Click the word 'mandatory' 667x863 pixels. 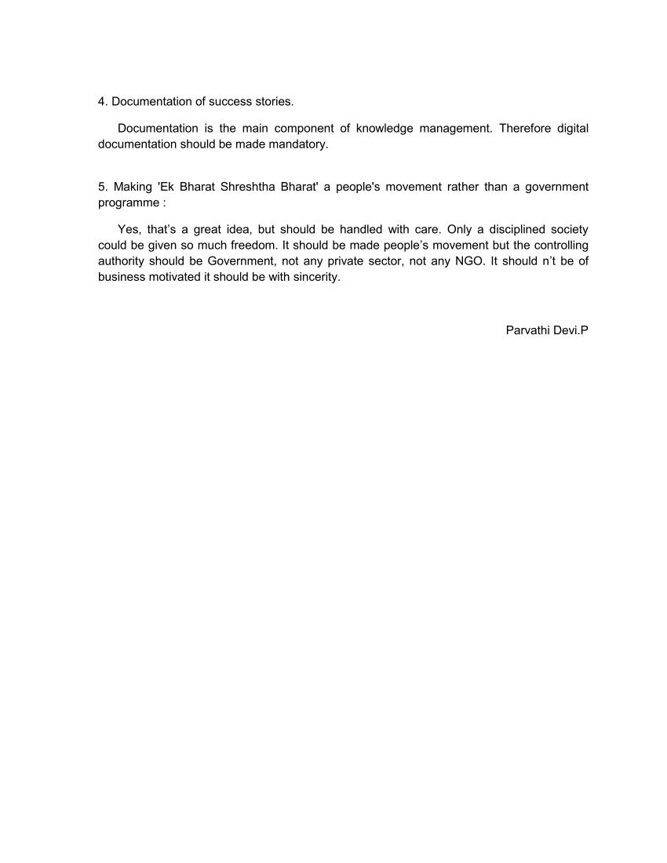click(x=299, y=144)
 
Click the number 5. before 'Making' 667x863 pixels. click(x=103, y=187)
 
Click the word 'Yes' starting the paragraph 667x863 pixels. click(x=128, y=229)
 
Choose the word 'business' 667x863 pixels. click(x=122, y=277)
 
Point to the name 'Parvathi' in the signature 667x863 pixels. click(x=528, y=330)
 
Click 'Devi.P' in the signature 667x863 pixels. click(x=572, y=330)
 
